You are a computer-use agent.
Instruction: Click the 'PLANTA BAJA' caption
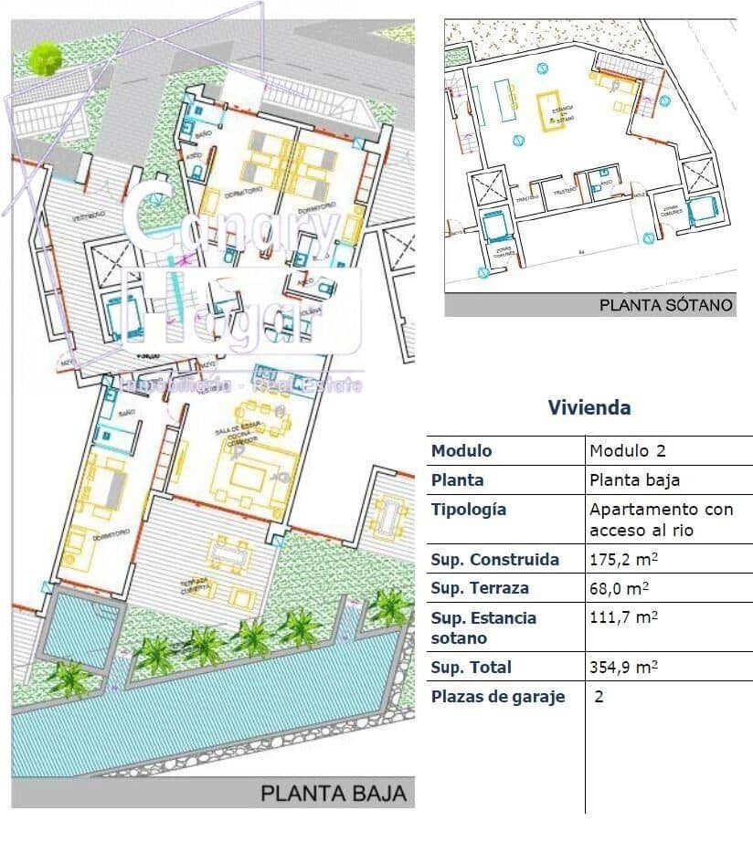[x=333, y=793]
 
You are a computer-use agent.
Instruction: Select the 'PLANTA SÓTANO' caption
[x=666, y=305]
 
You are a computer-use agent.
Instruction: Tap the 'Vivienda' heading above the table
[x=589, y=407]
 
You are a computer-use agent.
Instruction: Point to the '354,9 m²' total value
[x=624, y=667]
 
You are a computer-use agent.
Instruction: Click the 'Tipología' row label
[x=468, y=510]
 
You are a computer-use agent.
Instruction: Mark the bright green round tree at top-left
[x=44, y=58]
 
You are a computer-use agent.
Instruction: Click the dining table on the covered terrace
[x=229, y=552]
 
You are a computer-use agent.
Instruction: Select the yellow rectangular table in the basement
[x=550, y=111]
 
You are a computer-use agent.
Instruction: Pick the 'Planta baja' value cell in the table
[x=634, y=480]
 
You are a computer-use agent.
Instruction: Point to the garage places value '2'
[x=599, y=697]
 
